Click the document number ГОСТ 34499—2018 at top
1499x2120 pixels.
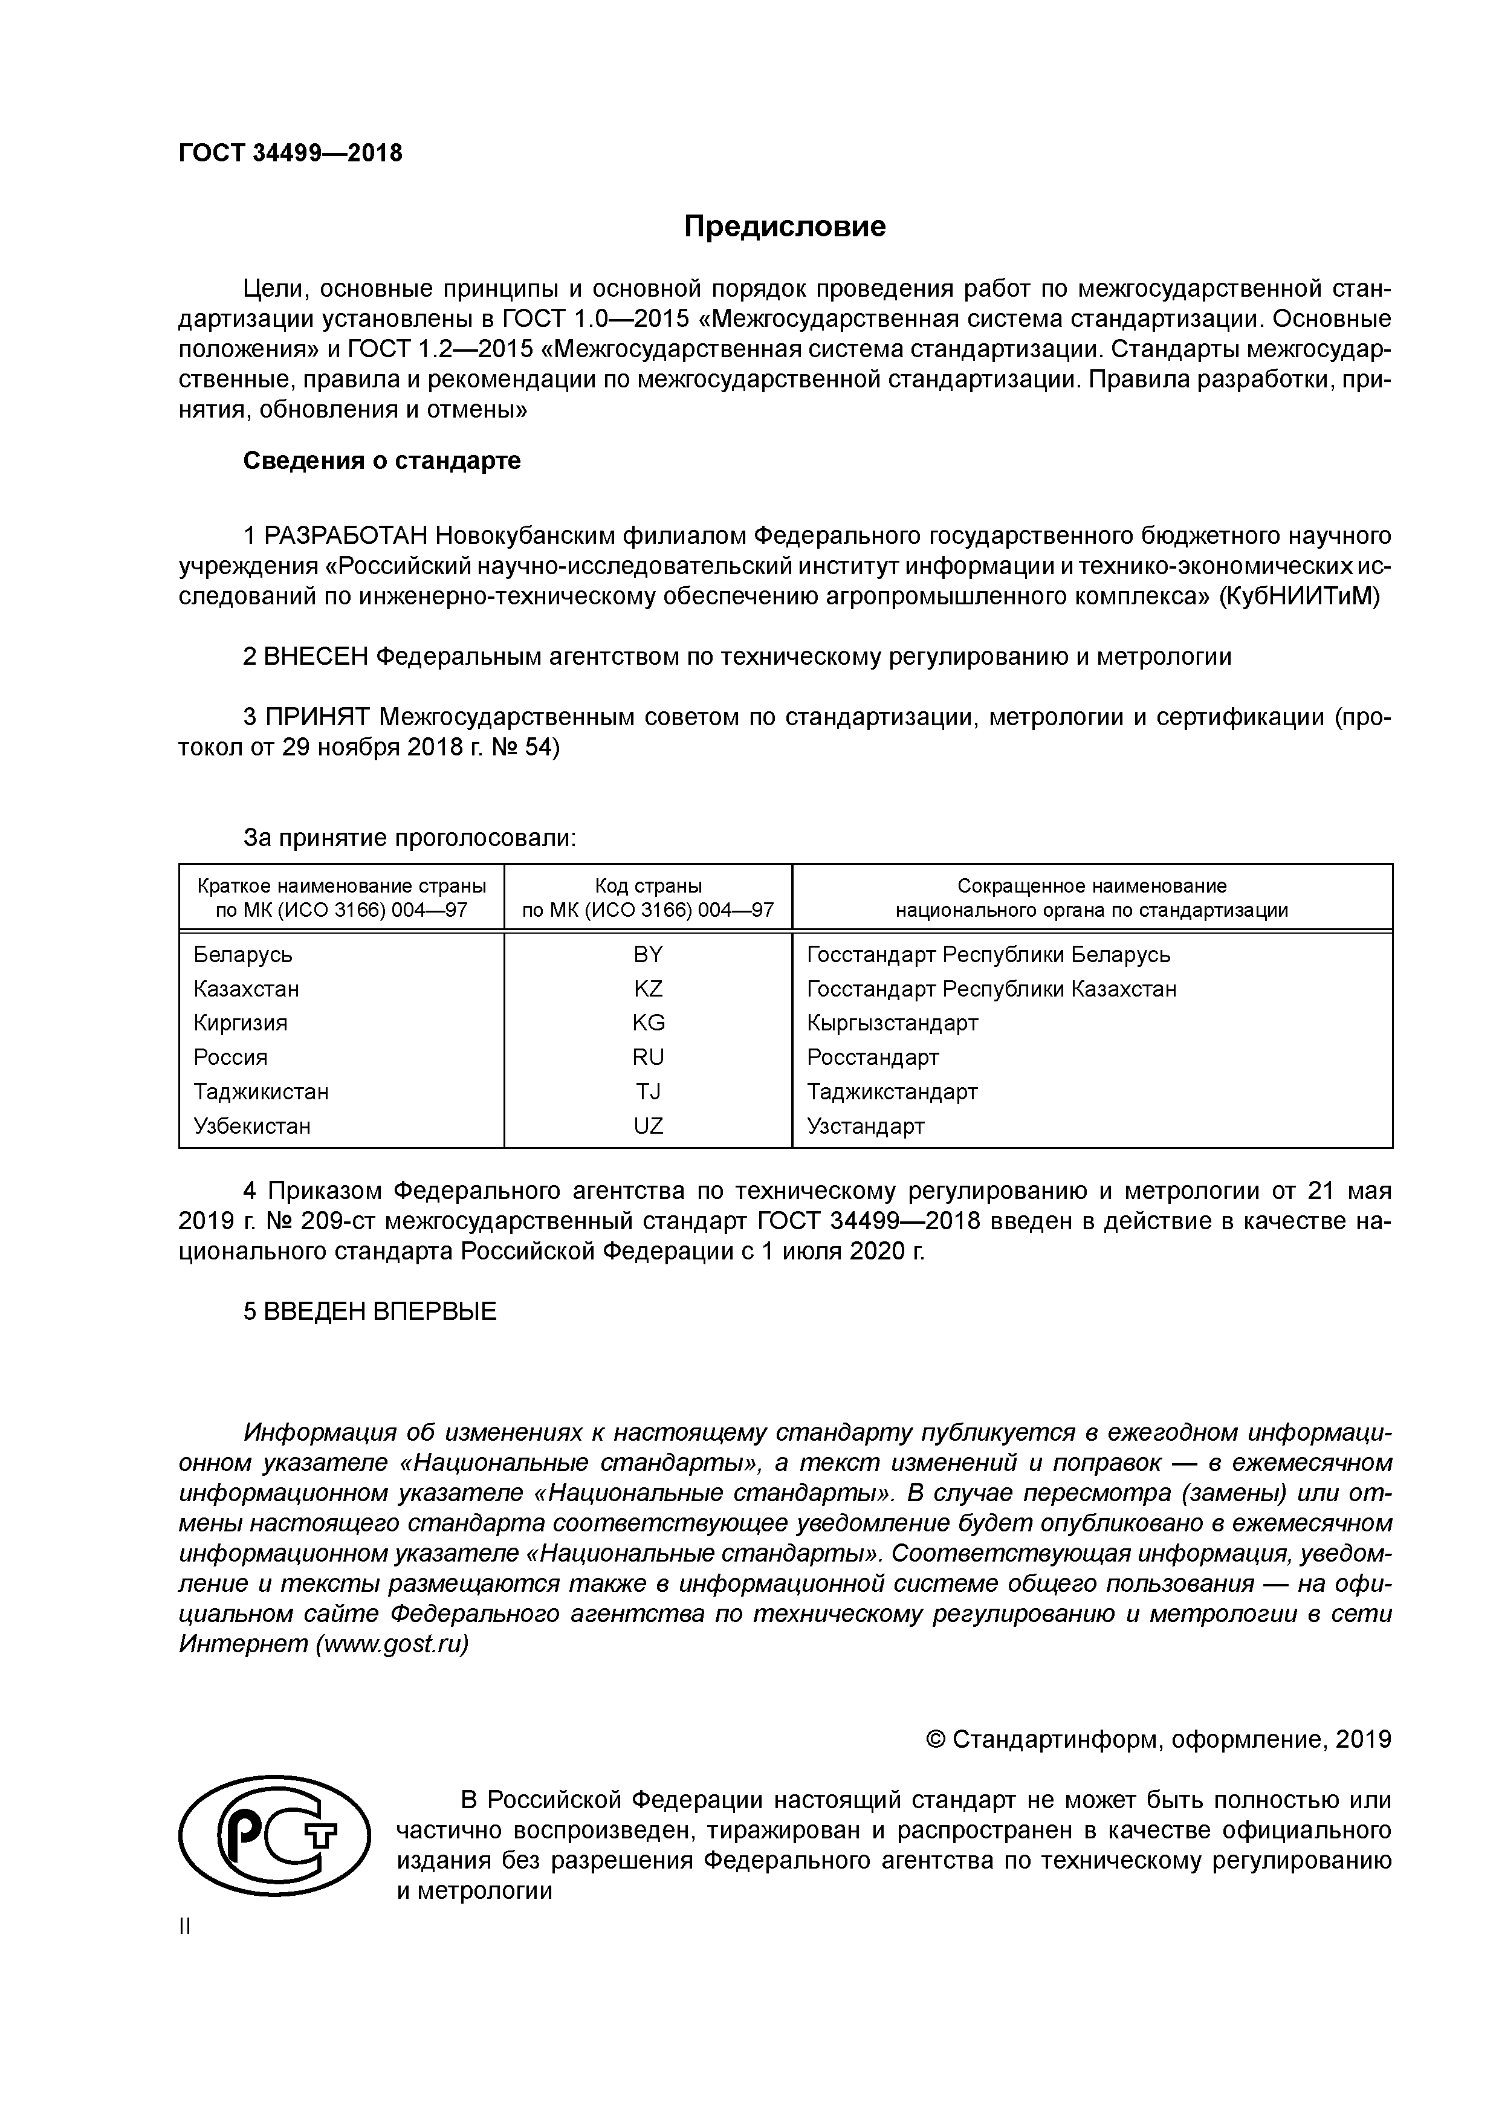(x=290, y=154)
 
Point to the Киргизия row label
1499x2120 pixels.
(x=240, y=1023)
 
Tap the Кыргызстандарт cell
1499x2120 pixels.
(x=892, y=1023)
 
